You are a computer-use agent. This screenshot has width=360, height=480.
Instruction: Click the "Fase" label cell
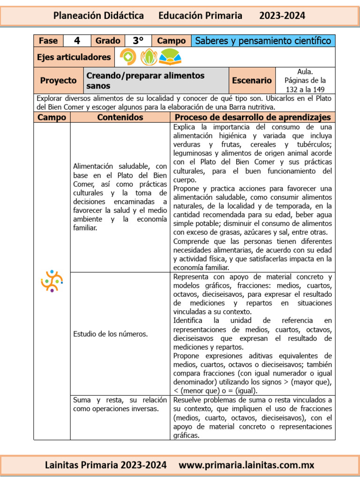[x=48, y=41]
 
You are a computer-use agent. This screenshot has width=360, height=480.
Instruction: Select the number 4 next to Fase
[x=76, y=41]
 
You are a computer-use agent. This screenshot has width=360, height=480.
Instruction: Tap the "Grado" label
[x=108, y=41]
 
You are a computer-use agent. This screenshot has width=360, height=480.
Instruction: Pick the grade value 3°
[x=138, y=41]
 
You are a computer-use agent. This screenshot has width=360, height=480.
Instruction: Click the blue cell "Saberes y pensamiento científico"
[x=263, y=41]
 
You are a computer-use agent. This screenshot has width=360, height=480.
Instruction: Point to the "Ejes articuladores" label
[x=74, y=57]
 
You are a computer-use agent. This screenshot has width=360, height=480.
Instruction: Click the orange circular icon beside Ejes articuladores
[x=128, y=57]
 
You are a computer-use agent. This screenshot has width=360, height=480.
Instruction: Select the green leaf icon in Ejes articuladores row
[x=149, y=57]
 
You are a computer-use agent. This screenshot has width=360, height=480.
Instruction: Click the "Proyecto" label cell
[x=58, y=81]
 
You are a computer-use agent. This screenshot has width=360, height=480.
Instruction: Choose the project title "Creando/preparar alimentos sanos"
[x=145, y=81]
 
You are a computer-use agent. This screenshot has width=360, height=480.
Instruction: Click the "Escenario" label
[x=252, y=81]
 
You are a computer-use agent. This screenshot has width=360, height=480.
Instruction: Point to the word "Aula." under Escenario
[x=305, y=72]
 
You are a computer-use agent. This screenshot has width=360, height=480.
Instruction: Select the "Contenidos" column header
[x=120, y=117]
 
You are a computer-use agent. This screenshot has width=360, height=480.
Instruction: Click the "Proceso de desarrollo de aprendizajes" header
[x=253, y=117]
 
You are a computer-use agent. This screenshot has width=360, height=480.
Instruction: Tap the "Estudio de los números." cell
[x=111, y=334]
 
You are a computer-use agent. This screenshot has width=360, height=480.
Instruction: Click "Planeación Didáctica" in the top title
[x=98, y=15]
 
